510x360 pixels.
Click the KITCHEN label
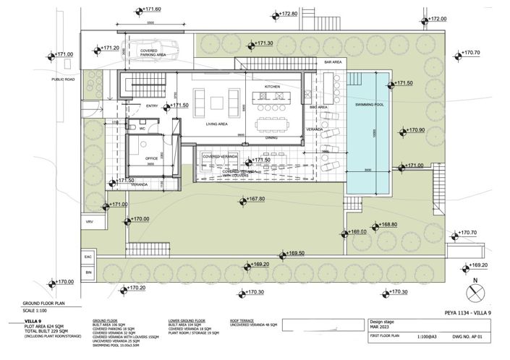272,87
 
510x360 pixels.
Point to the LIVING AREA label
217,124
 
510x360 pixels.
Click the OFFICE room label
152,158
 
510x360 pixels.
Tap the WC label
143,129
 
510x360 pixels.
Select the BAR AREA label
333,63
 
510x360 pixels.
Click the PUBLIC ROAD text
64,79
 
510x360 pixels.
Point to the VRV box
90,222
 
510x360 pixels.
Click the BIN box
89,273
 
